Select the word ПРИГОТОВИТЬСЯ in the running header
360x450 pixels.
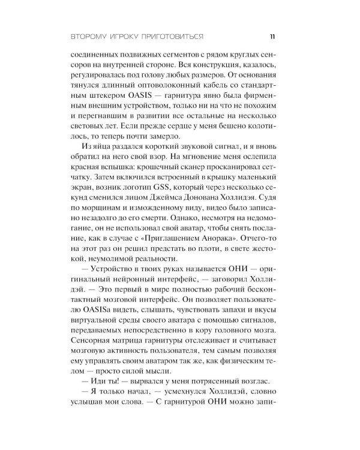pyautogui.click(x=173, y=35)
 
